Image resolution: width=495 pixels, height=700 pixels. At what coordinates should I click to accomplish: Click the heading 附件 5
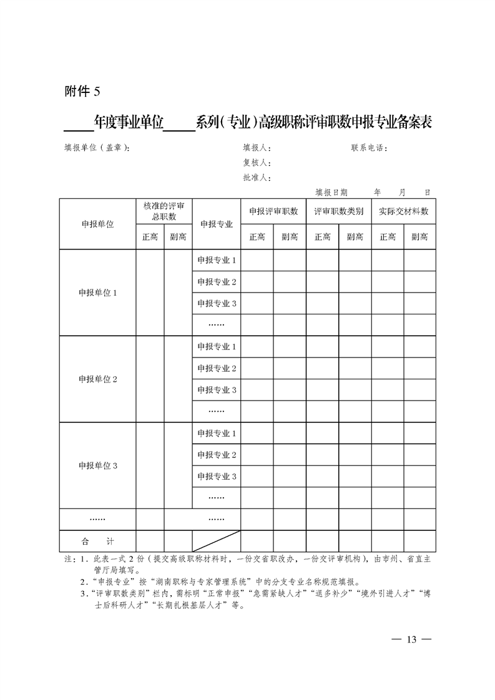[x=82, y=92]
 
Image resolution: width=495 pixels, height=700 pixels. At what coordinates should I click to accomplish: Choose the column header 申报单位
[x=97, y=225]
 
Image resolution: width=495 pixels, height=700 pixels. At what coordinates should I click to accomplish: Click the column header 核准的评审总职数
[x=164, y=211]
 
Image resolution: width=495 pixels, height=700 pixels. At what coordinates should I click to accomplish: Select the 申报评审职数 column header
[x=273, y=211]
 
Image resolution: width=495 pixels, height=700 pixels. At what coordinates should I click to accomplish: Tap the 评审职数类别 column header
[x=338, y=211]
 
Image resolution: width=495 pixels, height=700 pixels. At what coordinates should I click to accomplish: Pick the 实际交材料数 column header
[x=403, y=211]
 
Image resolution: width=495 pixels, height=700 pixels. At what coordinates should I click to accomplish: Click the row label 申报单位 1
[x=97, y=293]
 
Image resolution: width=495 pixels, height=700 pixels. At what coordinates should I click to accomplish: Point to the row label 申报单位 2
[x=97, y=379]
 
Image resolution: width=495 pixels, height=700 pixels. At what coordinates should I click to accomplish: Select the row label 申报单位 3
[x=97, y=465]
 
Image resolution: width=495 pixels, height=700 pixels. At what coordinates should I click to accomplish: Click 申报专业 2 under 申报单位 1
[x=217, y=282]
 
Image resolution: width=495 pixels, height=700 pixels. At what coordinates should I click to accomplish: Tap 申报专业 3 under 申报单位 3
[x=217, y=477]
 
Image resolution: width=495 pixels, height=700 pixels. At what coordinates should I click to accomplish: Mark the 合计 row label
[x=97, y=542]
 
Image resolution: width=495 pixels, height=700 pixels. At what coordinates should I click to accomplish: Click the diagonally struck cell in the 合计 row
[x=217, y=542]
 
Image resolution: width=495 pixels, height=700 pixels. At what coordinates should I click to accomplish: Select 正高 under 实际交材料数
[x=387, y=237]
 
